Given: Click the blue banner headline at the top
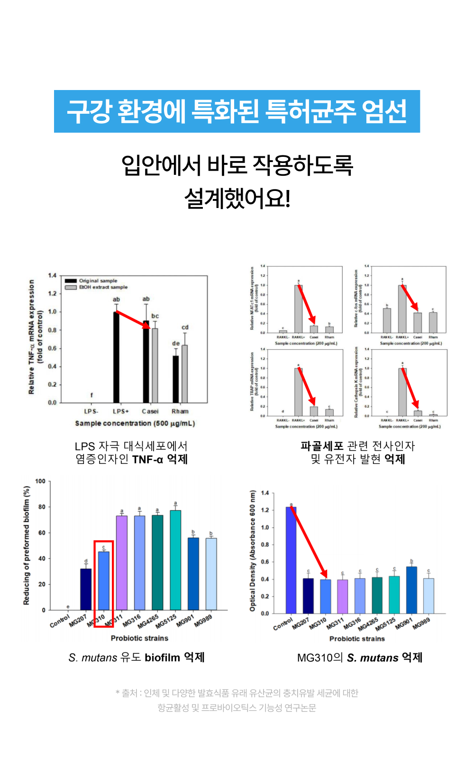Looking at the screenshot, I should point(237,111).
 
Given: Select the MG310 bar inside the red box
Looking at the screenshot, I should point(103,580).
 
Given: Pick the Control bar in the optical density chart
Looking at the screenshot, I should point(291,560).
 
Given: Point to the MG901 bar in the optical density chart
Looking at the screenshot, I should point(411,590).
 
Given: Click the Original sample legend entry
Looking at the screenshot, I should point(98,280).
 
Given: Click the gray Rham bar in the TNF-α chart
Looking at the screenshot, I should point(185,374).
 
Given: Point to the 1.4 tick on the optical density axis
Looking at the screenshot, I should point(265,493).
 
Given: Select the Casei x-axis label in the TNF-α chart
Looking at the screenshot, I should point(150,411).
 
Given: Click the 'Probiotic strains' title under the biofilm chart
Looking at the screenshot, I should point(139,638).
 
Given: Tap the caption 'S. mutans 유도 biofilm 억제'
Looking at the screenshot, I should point(137,658).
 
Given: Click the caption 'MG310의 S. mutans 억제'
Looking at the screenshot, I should point(359,658).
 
